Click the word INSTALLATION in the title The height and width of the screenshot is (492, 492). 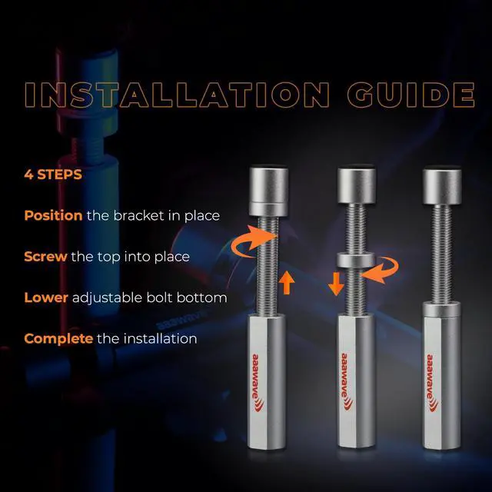coord(178,95)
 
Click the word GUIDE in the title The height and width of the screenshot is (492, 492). coord(411,95)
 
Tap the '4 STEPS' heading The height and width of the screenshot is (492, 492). coord(53,175)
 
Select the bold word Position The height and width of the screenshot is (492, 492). coord(53,216)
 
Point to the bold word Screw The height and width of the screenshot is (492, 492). coord(45,257)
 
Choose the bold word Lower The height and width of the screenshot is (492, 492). coord(46,298)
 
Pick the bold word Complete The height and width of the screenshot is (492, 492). coord(58,339)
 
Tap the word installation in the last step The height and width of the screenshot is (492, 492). coord(161,338)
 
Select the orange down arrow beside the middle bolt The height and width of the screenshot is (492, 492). coord(336,284)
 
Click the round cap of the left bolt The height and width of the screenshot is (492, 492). coord(268,191)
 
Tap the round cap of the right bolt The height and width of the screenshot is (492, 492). coord(442,186)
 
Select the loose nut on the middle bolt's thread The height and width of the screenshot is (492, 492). coord(355,260)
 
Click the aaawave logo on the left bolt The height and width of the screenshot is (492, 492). coord(258,383)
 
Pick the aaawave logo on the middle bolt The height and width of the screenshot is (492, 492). coord(347,382)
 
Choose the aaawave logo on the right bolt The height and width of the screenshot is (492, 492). coord(432,383)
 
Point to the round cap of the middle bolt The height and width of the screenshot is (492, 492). coord(357,185)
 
